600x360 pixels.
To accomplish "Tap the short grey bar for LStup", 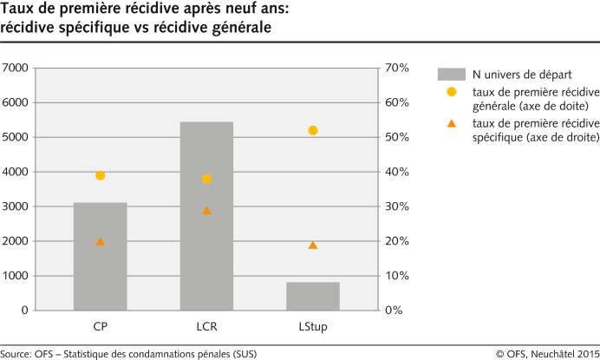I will [x=313, y=296].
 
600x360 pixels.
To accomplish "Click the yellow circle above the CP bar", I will [x=101, y=175].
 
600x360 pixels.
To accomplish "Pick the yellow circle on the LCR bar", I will [x=206, y=179].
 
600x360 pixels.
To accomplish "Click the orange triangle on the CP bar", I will [x=101, y=241].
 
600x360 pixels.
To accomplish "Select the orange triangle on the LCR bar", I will [x=206, y=210].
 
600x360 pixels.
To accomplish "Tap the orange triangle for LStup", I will [x=313, y=245].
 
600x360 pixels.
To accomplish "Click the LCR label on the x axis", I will [x=206, y=327].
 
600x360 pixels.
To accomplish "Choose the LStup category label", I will [x=313, y=327].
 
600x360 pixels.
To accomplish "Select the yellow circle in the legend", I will [x=451, y=92].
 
